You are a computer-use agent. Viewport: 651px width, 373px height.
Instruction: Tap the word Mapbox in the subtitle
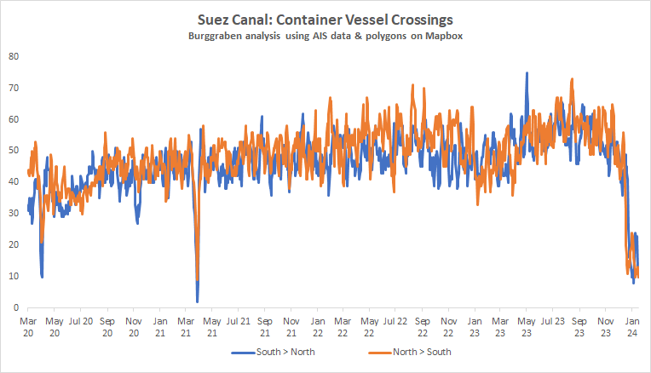pos(442,37)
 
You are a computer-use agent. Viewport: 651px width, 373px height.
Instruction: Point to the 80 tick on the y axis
pos(14,56)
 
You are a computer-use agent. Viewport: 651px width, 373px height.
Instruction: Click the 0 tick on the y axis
pos(16,307)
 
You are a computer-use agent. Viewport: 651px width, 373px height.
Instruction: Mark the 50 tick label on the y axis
pos(14,151)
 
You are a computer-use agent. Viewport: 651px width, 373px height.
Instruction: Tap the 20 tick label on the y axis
pos(14,245)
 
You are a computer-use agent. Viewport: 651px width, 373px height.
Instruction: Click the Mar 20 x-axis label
pos(28,326)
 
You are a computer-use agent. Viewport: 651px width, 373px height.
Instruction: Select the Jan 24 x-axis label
pos(633,326)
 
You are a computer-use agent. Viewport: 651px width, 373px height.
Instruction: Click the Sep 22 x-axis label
pos(423,326)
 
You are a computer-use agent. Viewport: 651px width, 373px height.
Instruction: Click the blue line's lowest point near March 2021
pos(197,301)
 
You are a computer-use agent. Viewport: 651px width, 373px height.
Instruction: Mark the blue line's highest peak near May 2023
pos(527,73)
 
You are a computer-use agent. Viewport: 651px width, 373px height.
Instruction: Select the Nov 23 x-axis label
pos(607,326)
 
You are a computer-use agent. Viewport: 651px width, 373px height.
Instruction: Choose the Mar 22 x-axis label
pos(343,326)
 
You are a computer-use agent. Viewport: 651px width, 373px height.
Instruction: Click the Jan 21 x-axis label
pos(160,326)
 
